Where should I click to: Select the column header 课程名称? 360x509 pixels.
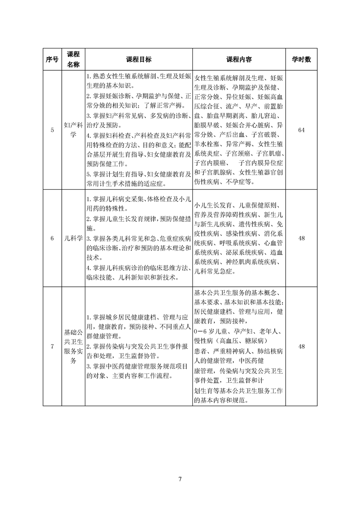point(73,59)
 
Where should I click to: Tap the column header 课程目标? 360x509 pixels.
point(139,59)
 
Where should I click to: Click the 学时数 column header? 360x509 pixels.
point(301,59)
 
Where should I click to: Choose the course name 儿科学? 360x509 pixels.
point(73,238)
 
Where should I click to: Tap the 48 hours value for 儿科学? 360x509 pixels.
point(301,238)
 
